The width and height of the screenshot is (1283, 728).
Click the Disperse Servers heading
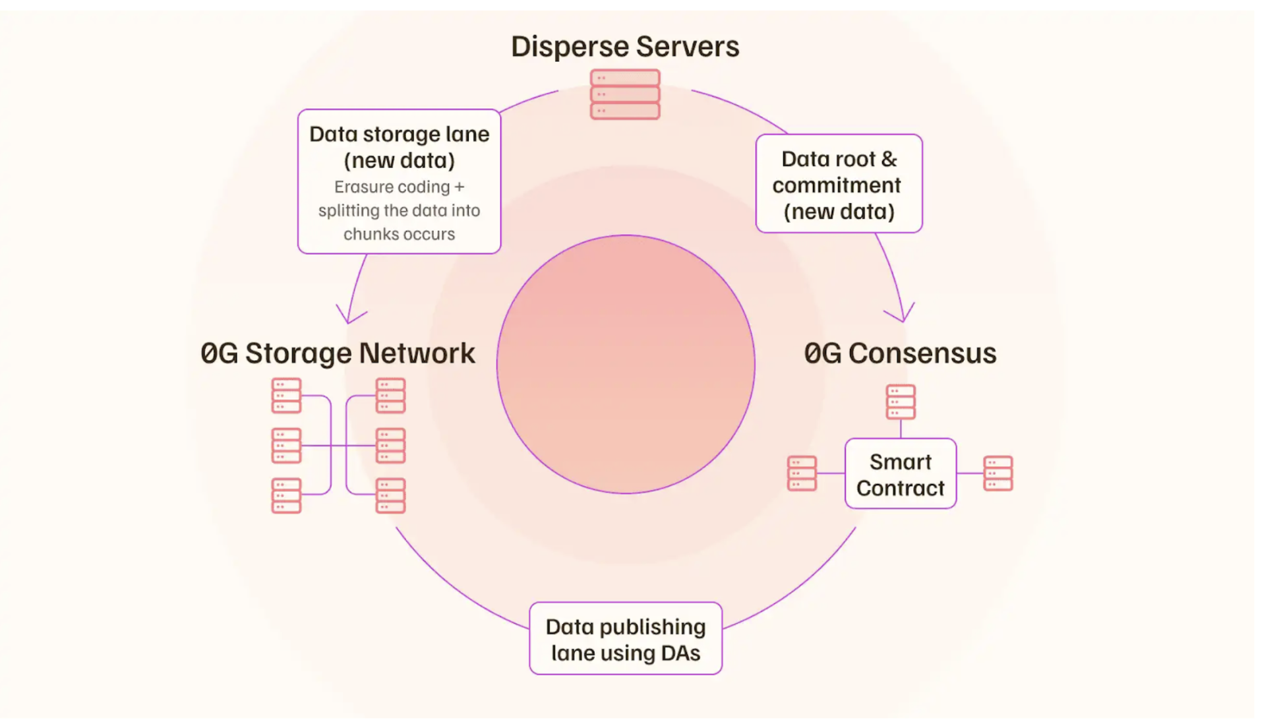pos(625,47)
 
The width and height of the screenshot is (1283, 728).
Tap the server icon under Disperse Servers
pos(625,94)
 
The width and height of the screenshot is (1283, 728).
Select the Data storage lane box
pos(399,181)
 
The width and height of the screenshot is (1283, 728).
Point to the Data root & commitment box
pos(839,184)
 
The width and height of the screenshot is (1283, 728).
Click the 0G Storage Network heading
pos(338,353)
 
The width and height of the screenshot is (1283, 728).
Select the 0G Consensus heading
pos(900,353)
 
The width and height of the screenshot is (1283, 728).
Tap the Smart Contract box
pos(901,474)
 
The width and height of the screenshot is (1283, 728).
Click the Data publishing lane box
pos(626,638)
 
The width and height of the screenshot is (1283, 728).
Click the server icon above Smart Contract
pos(901,402)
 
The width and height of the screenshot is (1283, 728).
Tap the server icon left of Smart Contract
pos(802,473)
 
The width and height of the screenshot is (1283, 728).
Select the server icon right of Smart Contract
pos(998,473)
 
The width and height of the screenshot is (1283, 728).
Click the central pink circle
pos(626,364)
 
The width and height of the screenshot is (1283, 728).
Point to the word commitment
pos(837,185)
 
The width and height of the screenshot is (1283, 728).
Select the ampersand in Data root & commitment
pos(889,159)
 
